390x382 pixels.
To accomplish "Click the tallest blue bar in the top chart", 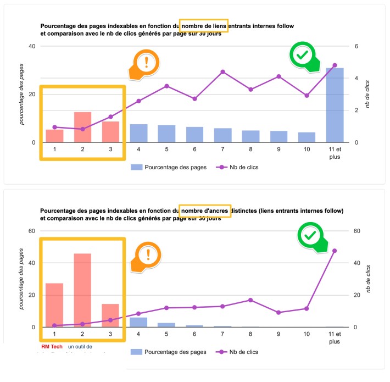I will click(335, 104).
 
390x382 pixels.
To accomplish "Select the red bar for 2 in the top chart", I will click(82, 127).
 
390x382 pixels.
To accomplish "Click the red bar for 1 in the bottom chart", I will click(54, 305).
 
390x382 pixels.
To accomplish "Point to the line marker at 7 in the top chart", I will click(222, 71).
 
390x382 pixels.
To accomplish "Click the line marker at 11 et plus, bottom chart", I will click(335, 251).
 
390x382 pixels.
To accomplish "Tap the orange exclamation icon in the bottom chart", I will click(147, 254).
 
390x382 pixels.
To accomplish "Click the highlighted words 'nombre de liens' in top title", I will click(203, 26).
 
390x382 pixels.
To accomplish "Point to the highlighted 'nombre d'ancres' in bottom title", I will click(205, 211).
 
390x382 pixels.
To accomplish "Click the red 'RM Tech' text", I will click(52, 347).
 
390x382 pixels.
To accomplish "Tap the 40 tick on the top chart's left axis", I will click(32, 46).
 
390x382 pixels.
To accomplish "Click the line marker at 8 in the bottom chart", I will click(250, 300).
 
